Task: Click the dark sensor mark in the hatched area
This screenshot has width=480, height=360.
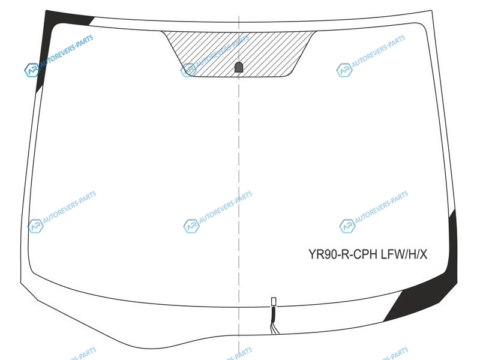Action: click(239, 67)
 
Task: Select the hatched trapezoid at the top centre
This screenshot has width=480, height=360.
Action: click(239, 53)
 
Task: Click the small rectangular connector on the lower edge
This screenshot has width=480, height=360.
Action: click(274, 302)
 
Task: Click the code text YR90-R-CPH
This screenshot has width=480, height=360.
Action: click(343, 254)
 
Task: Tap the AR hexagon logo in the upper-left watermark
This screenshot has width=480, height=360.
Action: click(32, 70)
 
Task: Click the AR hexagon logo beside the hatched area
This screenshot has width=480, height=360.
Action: click(188, 70)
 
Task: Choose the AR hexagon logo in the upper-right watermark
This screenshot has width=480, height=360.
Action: click(344, 70)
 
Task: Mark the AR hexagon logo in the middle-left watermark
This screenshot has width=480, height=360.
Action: click(35, 226)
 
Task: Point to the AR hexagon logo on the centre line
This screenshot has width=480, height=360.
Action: click(191, 226)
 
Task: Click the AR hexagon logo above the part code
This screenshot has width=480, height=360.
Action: click(347, 226)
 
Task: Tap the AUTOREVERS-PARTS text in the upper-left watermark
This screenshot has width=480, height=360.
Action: click(67, 51)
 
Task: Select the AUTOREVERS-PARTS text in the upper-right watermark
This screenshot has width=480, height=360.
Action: click(379, 51)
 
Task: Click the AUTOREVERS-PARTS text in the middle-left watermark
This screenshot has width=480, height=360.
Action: click(70, 207)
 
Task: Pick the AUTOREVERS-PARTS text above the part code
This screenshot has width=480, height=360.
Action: click(382, 207)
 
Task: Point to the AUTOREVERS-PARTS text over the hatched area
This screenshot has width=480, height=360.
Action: click(223, 51)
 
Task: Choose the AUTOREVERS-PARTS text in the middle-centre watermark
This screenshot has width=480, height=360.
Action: click(226, 207)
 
